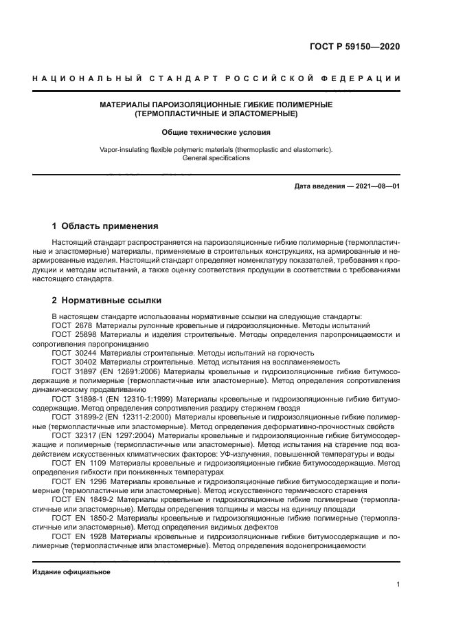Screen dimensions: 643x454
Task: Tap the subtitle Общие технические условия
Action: click(216, 131)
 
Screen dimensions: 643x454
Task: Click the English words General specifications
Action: click(216, 157)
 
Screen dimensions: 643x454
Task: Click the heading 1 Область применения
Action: click(106, 226)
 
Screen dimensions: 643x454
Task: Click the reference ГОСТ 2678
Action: click(72, 325)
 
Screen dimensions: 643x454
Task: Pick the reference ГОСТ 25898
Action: click(74, 334)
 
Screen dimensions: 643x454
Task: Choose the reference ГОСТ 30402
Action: click(74, 360)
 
